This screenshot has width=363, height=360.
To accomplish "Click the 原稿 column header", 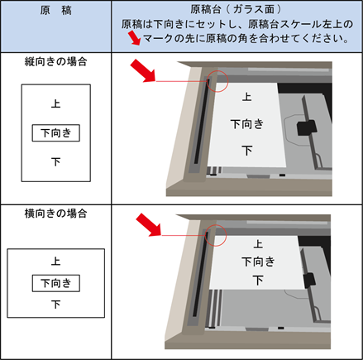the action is coord(56,11).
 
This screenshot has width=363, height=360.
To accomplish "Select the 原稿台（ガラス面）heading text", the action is coord(236,10).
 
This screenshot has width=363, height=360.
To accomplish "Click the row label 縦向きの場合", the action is coord(56,61).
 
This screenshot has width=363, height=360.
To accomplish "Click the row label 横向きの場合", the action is coord(56,214).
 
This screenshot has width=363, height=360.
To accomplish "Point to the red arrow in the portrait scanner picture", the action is coord(143,70).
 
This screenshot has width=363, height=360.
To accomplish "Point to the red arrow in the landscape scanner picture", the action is coord(149,224).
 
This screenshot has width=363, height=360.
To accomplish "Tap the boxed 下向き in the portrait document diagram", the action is coord(56,133).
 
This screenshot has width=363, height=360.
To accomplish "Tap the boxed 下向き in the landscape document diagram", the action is coord(56,283).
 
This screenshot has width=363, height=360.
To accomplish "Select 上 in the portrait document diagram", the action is coord(55,103).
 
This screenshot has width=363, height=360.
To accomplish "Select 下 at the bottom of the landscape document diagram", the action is coord(55,304).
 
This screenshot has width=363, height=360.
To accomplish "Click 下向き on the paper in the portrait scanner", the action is coord(247,124).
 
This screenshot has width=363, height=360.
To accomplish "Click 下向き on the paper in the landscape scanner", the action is coord(258,262).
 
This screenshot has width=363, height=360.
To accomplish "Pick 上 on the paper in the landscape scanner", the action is coord(258,244).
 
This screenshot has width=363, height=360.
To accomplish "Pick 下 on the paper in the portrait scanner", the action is coord(247,151).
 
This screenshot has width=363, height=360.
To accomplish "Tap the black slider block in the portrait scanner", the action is coord(307,127).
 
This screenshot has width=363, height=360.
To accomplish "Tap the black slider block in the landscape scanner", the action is coord(309,281).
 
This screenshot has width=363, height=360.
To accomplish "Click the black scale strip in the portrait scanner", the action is coord(202,122).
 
